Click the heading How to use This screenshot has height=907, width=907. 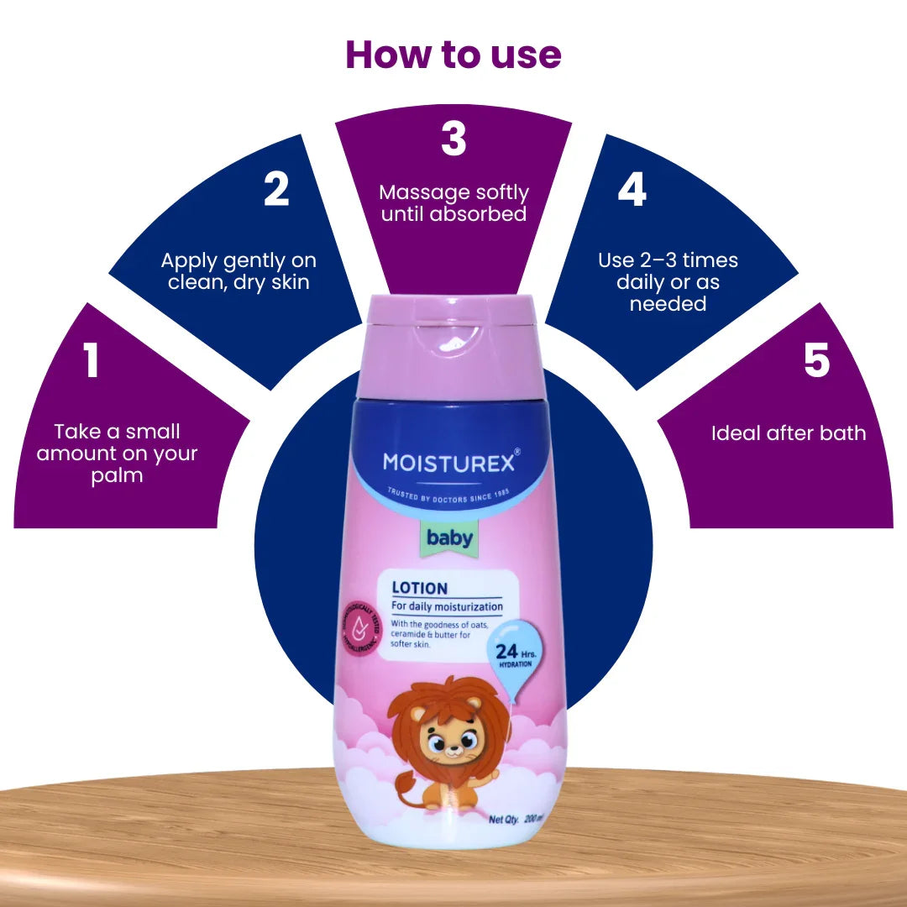(453, 55)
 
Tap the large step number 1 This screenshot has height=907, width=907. (92, 360)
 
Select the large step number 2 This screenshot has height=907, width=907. (276, 190)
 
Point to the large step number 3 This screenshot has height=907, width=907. (453, 139)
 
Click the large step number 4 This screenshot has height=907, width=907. (632, 190)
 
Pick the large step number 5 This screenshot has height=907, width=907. (816, 360)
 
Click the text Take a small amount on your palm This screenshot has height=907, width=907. (118, 453)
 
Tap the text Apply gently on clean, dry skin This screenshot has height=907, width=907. (239, 271)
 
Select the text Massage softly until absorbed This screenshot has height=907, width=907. (453, 203)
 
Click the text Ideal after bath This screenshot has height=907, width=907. (788, 433)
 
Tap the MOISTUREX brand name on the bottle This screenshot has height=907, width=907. (448, 462)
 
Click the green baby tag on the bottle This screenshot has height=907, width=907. (449, 538)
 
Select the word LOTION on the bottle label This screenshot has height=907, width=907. (419, 588)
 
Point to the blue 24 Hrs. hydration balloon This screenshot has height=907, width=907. (513, 650)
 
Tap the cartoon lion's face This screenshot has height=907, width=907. (451, 739)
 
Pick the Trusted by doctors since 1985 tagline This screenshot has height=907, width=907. (449, 495)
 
